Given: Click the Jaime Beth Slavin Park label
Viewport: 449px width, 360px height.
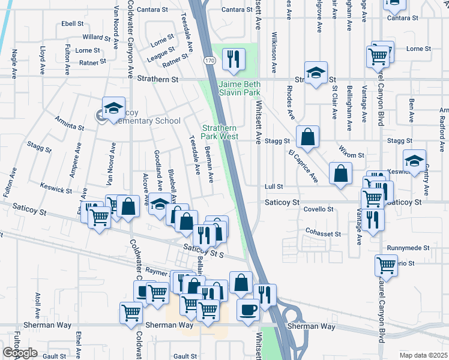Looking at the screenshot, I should [x=240, y=89].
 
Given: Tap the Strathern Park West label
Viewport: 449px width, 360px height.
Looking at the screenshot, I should [x=220, y=132].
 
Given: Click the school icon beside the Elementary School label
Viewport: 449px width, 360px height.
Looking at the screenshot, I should [x=113, y=108].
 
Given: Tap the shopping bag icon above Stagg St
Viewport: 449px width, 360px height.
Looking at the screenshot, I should [x=307, y=137].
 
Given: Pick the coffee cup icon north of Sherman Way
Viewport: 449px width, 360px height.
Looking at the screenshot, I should [x=248, y=310].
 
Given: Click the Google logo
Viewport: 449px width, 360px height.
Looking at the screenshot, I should [x=20, y=353].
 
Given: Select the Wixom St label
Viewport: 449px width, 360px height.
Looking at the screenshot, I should [x=352, y=155].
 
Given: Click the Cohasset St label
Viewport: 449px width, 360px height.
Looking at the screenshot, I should [x=323, y=233].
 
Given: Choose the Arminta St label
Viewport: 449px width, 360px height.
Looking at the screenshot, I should [x=70, y=127].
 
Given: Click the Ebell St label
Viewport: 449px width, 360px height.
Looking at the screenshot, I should [x=72, y=23].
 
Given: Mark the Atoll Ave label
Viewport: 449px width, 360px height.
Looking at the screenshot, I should [x=38, y=305].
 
